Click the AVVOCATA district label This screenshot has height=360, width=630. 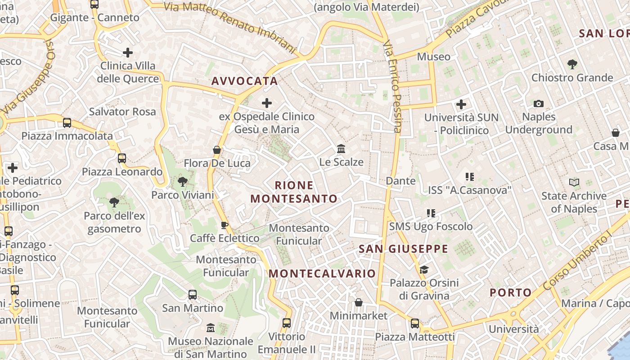pyautogui.click(x=244, y=81)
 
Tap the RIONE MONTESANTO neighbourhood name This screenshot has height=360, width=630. pyautogui.click(x=294, y=192)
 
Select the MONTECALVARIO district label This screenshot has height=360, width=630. pyautogui.click(x=322, y=274)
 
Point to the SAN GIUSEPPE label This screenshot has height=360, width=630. pyautogui.click(x=403, y=249)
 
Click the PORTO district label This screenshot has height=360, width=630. pyautogui.click(x=510, y=292)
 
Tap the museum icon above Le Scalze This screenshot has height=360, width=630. pyautogui.click(x=341, y=148)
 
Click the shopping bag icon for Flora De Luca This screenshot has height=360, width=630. pyautogui.click(x=217, y=150)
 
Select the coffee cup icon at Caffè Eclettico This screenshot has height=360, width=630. pyautogui.click(x=225, y=225)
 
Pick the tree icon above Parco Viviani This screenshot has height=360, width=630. pyautogui.click(x=182, y=182)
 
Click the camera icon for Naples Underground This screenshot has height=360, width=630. pyautogui.click(x=538, y=104)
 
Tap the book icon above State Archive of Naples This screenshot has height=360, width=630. pyautogui.click(x=574, y=183)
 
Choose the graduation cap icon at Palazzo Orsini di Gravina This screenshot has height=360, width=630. pyautogui.click(x=424, y=270)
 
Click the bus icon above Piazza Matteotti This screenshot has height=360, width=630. pyautogui.click(x=414, y=323)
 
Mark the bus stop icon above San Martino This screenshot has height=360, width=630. pyautogui.click(x=193, y=295)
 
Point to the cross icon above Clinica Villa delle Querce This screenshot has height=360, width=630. pyautogui.click(x=128, y=53)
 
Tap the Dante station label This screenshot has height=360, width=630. pyautogui.click(x=400, y=181)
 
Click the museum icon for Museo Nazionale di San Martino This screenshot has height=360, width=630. pyautogui.click(x=210, y=328)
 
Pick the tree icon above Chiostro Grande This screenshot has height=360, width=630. pyautogui.click(x=572, y=64)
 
